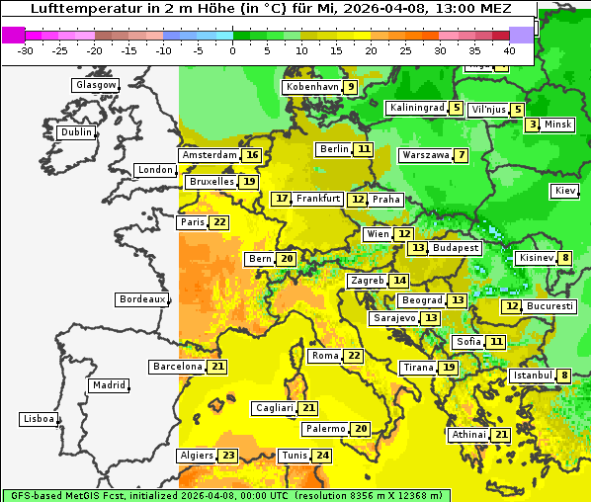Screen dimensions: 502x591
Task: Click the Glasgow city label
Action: (96, 85)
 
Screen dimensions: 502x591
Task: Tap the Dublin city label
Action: (76, 132)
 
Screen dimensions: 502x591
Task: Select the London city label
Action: (155, 170)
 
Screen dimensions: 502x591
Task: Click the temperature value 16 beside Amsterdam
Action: (252, 155)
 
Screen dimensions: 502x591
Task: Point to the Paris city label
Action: (192, 222)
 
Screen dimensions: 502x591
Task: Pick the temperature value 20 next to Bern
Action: (287, 259)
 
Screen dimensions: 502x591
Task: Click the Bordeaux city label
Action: (142, 298)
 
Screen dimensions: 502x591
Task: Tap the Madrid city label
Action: (108, 385)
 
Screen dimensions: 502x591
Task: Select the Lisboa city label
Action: (38, 419)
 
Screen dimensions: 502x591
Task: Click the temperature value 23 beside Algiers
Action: (228, 456)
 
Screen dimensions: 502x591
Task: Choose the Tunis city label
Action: (294, 456)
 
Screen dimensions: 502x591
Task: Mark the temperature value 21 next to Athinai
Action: (501, 435)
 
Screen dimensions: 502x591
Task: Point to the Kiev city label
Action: (565, 190)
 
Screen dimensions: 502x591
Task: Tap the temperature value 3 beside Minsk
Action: (533, 125)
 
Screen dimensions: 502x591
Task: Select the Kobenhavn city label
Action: (311, 87)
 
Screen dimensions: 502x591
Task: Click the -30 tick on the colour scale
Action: (26, 49)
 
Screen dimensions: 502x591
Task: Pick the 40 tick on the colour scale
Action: (509, 49)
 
